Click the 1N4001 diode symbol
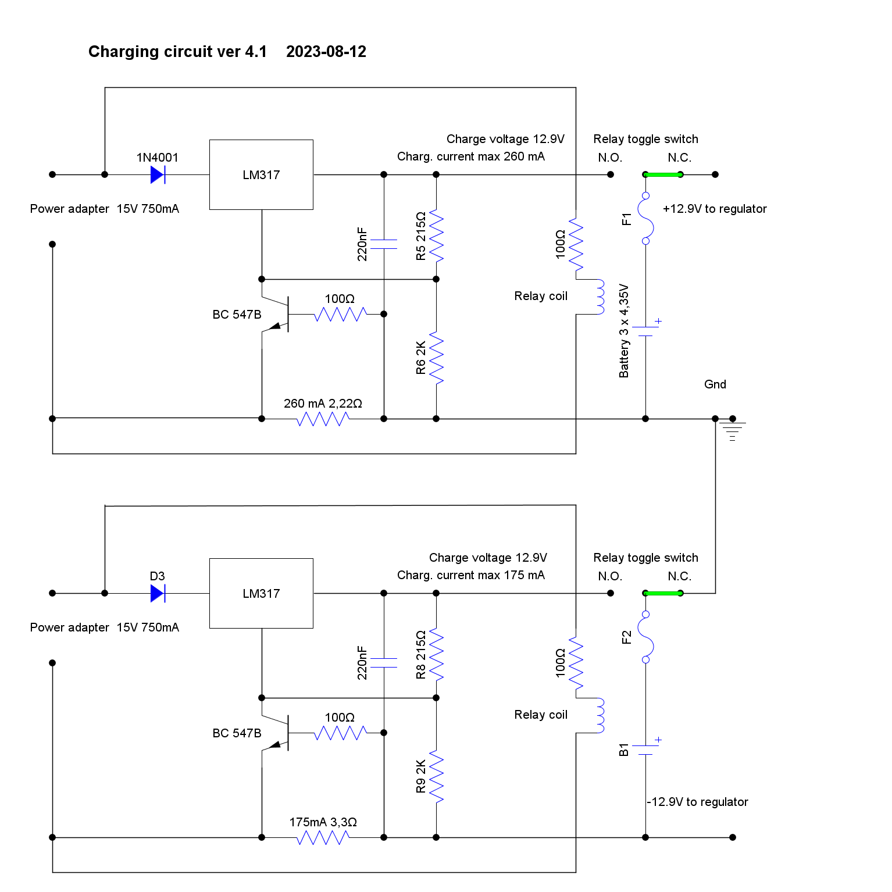pos(158,174)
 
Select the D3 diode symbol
pos(158,593)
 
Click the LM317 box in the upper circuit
pos(261,174)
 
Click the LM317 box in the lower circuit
pos(261,593)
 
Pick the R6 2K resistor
pos(436,358)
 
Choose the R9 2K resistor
pos(436,777)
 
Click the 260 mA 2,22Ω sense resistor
pos(323,419)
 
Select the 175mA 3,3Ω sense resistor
pos(323,837)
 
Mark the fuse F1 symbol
pos(645,219)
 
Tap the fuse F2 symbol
pos(645,637)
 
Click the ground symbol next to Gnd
pos(733,430)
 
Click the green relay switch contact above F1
pos(663,174)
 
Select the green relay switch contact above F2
pos(663,593)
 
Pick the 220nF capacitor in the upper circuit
pos(384,244)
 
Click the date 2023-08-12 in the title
pos(326,52)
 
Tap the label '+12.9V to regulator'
pos(715,209)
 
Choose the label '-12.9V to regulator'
pos(698,802)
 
